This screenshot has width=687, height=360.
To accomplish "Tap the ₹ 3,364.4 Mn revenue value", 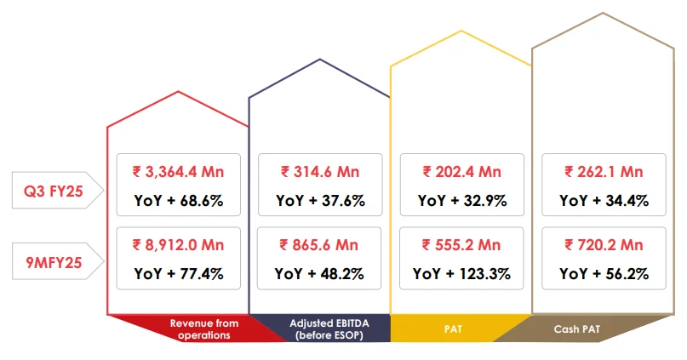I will click(x=177, y=172).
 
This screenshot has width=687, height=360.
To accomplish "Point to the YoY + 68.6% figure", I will click(x=177, y=201).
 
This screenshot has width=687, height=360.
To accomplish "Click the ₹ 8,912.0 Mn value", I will click(x=177, y=245).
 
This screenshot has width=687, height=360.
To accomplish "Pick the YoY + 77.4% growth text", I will click(x=177, y=274).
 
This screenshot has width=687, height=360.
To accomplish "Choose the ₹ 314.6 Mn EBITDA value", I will click(x=319, y=172).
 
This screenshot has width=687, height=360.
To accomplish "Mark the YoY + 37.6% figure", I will click(x=319, y=201).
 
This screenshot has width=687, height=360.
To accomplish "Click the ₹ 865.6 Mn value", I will click(x=319, y=245).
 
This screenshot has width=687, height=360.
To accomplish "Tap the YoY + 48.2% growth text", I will click(x=319, y=274).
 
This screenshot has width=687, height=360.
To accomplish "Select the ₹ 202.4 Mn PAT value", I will click(x=462, y=172).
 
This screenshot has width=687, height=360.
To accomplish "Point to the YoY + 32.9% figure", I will click(x=462, y=201).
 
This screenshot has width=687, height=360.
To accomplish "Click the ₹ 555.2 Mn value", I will click(x=462, y=245).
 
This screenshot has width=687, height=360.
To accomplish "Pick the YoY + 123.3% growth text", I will click(x=462, y=274).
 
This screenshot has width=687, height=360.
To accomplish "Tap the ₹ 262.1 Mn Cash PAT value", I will click(x=604, y=172).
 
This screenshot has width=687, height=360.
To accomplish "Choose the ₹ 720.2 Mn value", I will click(x=604, y=245).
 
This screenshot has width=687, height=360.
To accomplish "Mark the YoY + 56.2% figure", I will click(x=604, y=274).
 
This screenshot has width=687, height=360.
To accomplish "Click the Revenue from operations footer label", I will click(x=204, y=329).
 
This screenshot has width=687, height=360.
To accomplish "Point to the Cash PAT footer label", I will click(x=578, y=329).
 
